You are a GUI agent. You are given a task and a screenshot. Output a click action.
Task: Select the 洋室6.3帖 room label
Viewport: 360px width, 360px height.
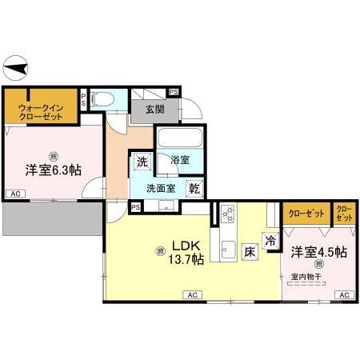54,170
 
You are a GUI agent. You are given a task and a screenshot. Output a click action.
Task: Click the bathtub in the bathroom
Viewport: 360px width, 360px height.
179,138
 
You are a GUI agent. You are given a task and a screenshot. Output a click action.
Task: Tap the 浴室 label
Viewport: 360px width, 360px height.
179,160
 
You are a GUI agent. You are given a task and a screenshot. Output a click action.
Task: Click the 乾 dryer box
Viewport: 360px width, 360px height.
194,189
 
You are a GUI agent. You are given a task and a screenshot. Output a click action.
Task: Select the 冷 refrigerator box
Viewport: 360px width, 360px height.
270,238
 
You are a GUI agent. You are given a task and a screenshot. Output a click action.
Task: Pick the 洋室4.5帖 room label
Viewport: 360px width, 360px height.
318,252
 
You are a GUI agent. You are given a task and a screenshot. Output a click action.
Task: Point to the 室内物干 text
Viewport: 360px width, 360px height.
306,277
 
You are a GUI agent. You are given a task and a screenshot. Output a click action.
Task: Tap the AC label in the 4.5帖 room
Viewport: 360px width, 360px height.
344,295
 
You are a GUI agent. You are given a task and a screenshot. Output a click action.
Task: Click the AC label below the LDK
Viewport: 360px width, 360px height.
192,295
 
